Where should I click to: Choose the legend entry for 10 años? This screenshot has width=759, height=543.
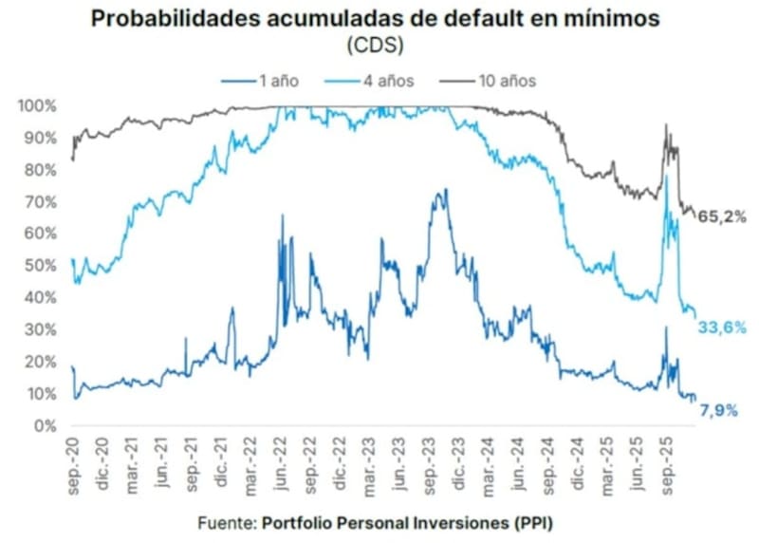tap(501, 81)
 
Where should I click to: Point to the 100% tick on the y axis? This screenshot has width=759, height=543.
tap(38, 105)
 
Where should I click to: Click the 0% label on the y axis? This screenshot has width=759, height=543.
tap(46, 424)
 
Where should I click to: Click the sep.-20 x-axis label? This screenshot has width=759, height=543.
tap(74, 459)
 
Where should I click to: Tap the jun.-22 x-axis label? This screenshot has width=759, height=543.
tap(281, 459)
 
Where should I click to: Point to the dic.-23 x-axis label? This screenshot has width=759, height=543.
tap(458, 459)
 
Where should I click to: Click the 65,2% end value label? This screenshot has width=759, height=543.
tap(721, 216)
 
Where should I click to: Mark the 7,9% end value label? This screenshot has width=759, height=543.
tap(719, 409)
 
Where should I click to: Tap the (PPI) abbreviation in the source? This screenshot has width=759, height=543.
tap(535, 523)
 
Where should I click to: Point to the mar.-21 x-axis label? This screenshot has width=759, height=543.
tap(133, 459)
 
